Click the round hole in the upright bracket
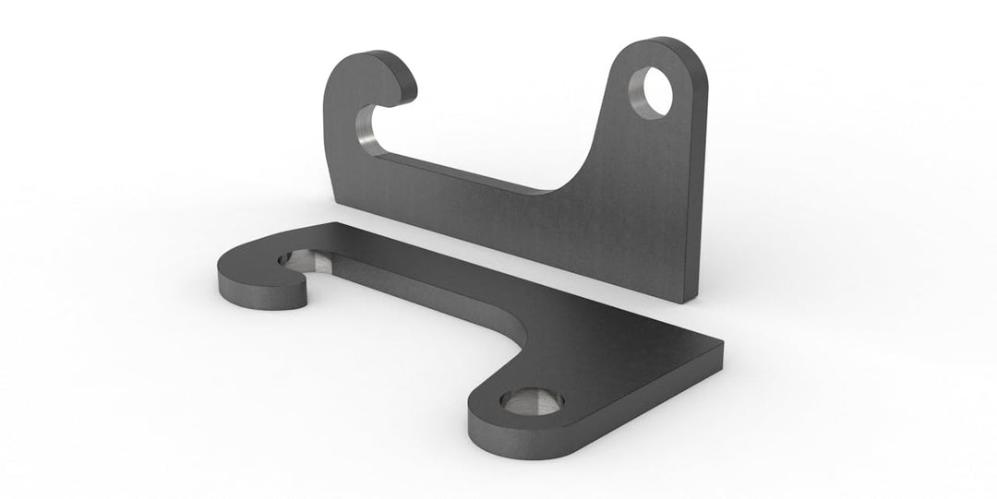pyautogui.click(x=651, y=91)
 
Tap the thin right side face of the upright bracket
pyautogui.click(x=700, y=184)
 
